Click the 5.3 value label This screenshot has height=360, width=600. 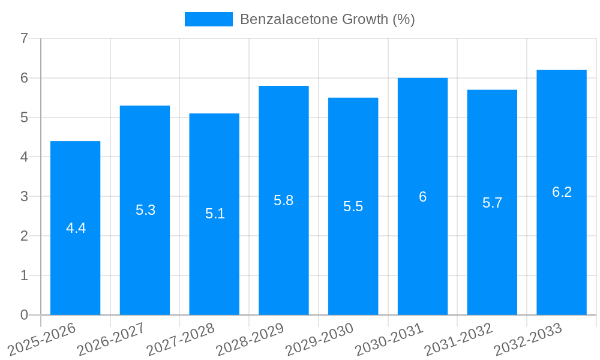145,210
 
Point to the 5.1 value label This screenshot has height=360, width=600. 215,214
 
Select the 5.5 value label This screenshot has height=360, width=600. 353,206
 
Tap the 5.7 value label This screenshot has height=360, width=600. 492,203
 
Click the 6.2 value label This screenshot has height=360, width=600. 562,192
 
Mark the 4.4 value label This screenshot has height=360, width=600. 76,228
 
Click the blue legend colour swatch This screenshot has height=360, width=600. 208,19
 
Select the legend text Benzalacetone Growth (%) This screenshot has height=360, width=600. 327,19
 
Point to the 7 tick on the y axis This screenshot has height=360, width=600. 24,39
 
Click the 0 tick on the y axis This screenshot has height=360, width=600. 24,315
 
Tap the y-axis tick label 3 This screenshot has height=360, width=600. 24,196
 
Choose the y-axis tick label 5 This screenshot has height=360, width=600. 24,118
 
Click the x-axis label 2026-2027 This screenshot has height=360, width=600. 111,340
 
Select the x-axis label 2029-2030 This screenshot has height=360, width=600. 320,340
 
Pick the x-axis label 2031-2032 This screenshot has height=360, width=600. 459,340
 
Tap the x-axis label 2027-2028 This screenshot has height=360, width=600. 181,340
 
